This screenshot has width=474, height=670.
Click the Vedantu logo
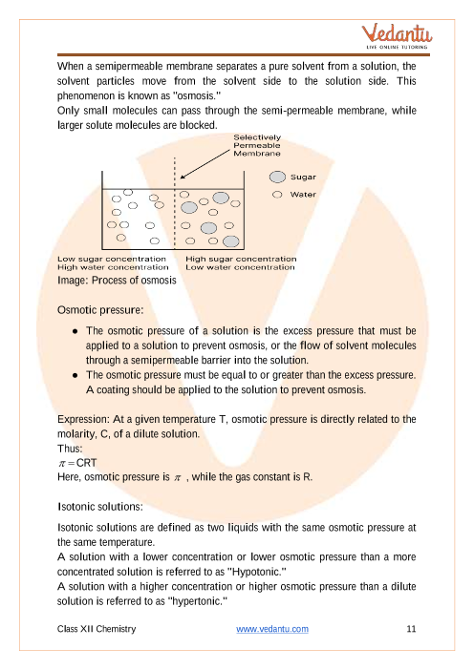pos(397,37)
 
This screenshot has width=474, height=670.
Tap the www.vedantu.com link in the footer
pos(272,629)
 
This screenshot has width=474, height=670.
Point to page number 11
pos(411,629)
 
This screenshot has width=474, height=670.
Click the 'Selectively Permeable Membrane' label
pos(257,145)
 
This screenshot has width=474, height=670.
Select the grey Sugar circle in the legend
pos(277,177)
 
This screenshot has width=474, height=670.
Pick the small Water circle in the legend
pos(277,195)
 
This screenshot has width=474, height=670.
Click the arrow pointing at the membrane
pos(205,163)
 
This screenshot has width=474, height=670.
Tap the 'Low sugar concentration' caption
pos(112,259)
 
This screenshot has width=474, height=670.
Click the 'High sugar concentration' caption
pos(241,259)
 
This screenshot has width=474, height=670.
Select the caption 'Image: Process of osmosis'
pos(117,281)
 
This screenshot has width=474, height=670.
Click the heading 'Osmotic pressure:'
pos(100,310)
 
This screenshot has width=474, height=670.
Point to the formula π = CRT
pos(77,463)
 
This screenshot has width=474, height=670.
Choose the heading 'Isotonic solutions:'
pos(100,507)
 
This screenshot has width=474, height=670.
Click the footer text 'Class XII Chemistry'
pos(97,629)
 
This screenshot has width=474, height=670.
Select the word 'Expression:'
pos(83,420)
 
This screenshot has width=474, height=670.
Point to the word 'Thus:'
pos(70,449)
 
